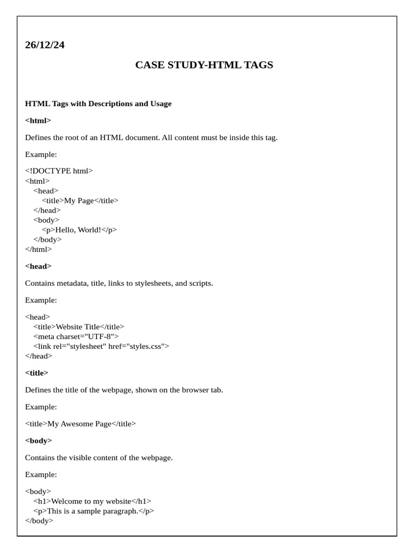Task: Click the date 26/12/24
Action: (x=45, y=45)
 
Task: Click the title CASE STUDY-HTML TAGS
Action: (x=204, y=65)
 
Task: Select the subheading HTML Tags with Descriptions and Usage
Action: (x=98, y=103)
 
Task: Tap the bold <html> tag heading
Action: (x=38, y=120)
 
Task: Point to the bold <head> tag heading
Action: (x=38, y=266)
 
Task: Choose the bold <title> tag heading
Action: (x=37, y=372)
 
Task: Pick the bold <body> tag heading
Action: (x=38, y=440)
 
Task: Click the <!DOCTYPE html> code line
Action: (x=59, y=171)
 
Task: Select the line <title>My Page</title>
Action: (x=80, y=201)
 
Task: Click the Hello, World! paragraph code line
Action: (x=79, y=230)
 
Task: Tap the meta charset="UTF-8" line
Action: (x=76, y=336)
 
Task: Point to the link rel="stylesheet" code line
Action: (x=101, y=346)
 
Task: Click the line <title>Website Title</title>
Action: (x=79, y=327)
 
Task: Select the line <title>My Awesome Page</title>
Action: (x=80, y=424)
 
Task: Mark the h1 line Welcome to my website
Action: (x=92, y=501)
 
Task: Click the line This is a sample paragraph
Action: (x=93, y=511)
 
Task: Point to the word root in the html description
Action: (x=74, y=137)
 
